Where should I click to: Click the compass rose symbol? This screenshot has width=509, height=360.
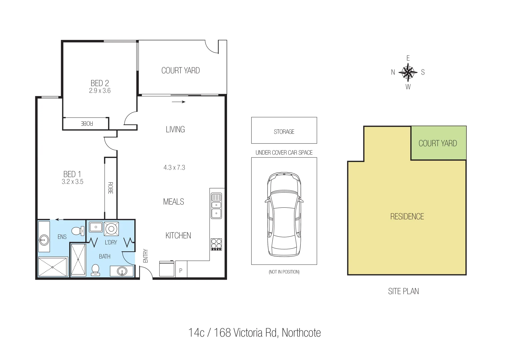408,72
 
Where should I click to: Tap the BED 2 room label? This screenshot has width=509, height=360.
100,83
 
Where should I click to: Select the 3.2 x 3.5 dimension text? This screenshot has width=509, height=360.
72,182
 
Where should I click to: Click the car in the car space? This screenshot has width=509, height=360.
284,214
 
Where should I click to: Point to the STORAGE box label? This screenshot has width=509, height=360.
284,132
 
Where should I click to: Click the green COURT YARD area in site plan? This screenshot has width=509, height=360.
438,143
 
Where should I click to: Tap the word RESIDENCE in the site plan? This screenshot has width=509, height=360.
407,217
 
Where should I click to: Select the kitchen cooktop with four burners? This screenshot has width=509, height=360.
216,244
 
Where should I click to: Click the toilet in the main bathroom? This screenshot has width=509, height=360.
96,269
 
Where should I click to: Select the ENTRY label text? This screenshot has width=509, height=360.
145,256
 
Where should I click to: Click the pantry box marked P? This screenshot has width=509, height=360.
181,270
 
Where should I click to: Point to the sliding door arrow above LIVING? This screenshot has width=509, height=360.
178,102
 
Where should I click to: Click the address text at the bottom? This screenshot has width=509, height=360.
254,333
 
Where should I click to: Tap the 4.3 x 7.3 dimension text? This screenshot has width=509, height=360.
174,168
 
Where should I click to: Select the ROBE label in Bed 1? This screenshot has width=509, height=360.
110,188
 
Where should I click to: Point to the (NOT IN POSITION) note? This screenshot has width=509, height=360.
284,272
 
